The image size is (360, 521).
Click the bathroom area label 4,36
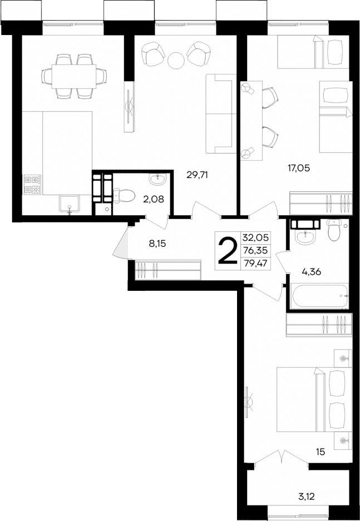click(311, 272)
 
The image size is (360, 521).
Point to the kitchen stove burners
click(32, 185)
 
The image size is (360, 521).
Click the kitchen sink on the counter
click(70, 204)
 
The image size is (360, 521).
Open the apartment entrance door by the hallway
click(121, 244)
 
